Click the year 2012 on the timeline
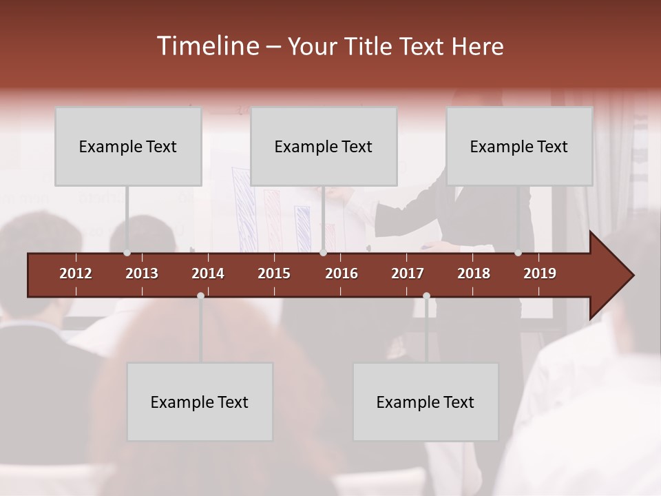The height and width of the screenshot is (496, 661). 76,273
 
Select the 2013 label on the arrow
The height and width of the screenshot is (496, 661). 142,273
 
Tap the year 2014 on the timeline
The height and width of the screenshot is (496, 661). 208,273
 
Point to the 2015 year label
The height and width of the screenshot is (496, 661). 274,273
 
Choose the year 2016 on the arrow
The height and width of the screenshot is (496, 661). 342,273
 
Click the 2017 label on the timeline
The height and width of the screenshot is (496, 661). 408,273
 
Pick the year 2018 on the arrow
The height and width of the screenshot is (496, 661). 474,273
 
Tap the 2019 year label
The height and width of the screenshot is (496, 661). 540,273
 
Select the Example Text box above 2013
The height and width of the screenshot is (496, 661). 128,146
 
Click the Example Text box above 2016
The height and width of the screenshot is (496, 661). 324,146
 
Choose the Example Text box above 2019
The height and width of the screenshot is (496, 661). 519,146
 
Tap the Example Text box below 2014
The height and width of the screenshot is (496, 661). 200,402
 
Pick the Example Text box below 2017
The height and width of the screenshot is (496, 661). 426,402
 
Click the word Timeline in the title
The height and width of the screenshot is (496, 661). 208,46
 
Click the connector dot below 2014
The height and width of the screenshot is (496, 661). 200,296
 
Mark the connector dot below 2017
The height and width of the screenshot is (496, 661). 426,296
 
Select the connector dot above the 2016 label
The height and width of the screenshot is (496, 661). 323,253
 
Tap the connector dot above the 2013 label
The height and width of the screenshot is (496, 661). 127,253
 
